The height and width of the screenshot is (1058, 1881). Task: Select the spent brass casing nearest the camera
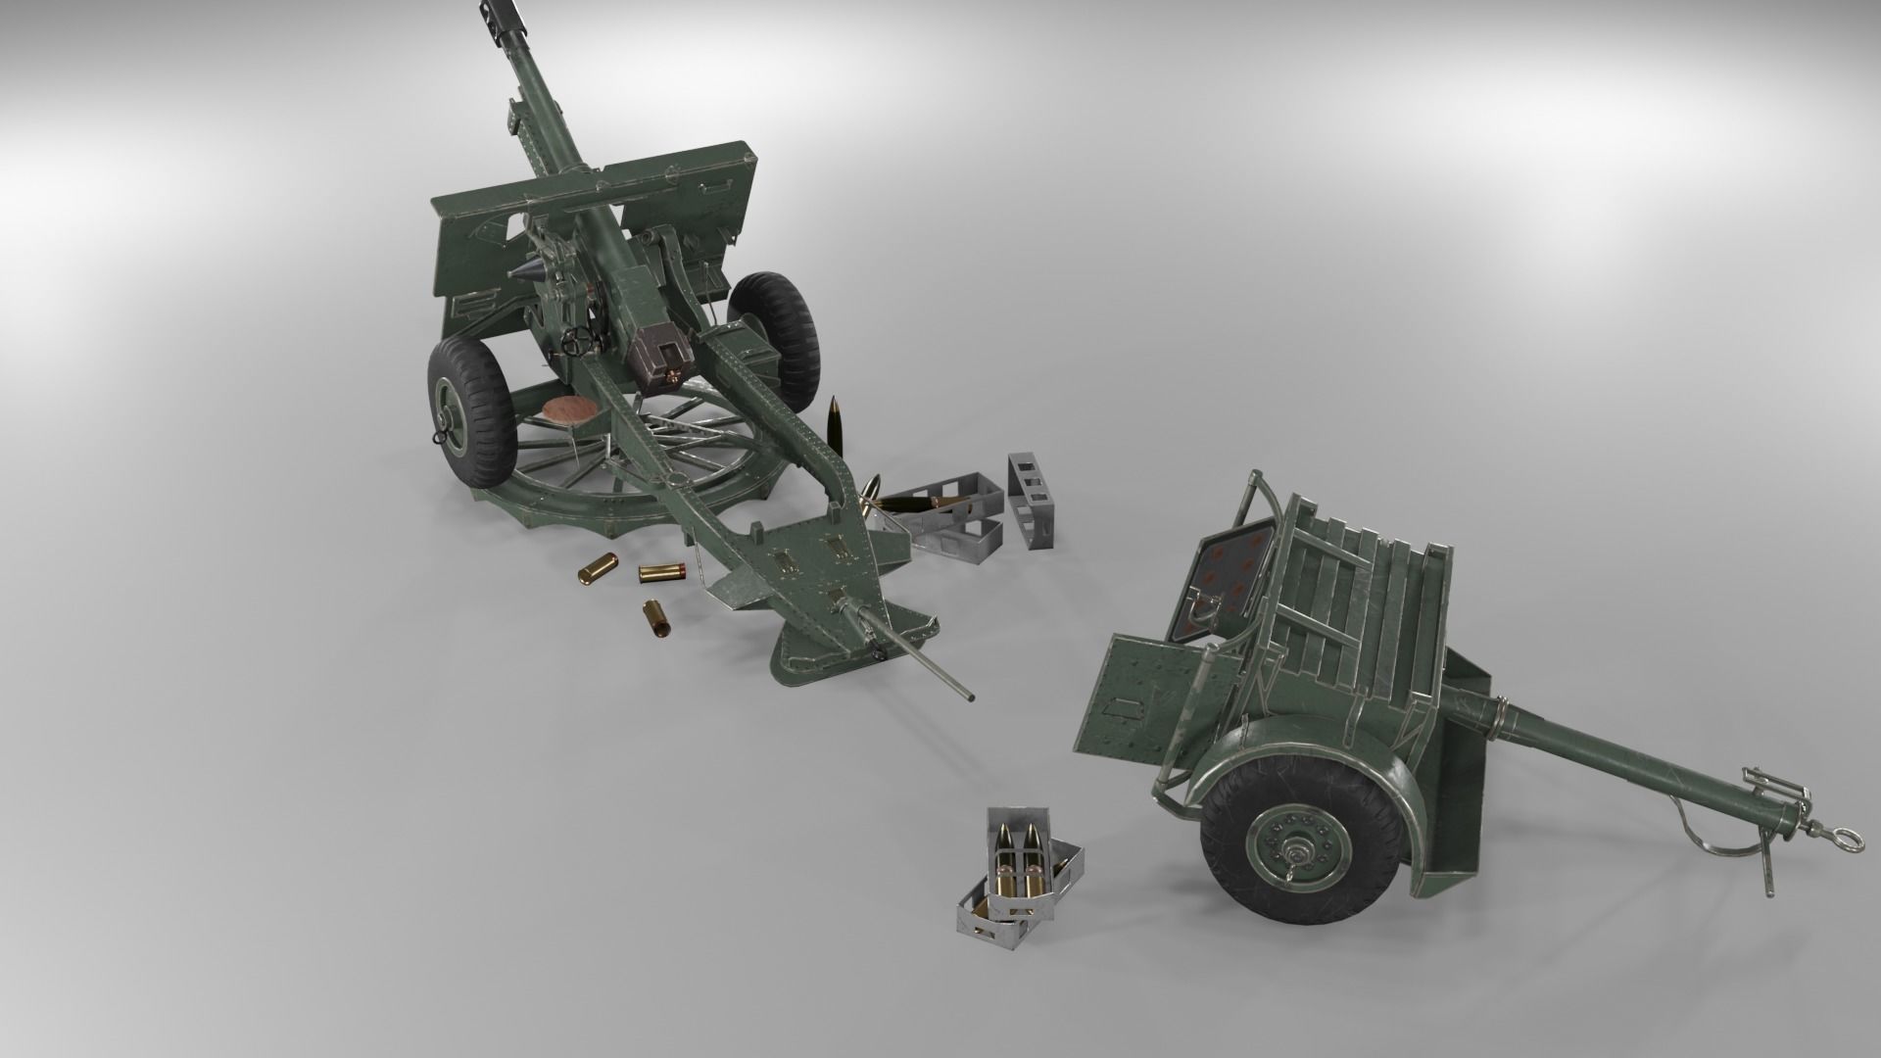coord(652,618)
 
